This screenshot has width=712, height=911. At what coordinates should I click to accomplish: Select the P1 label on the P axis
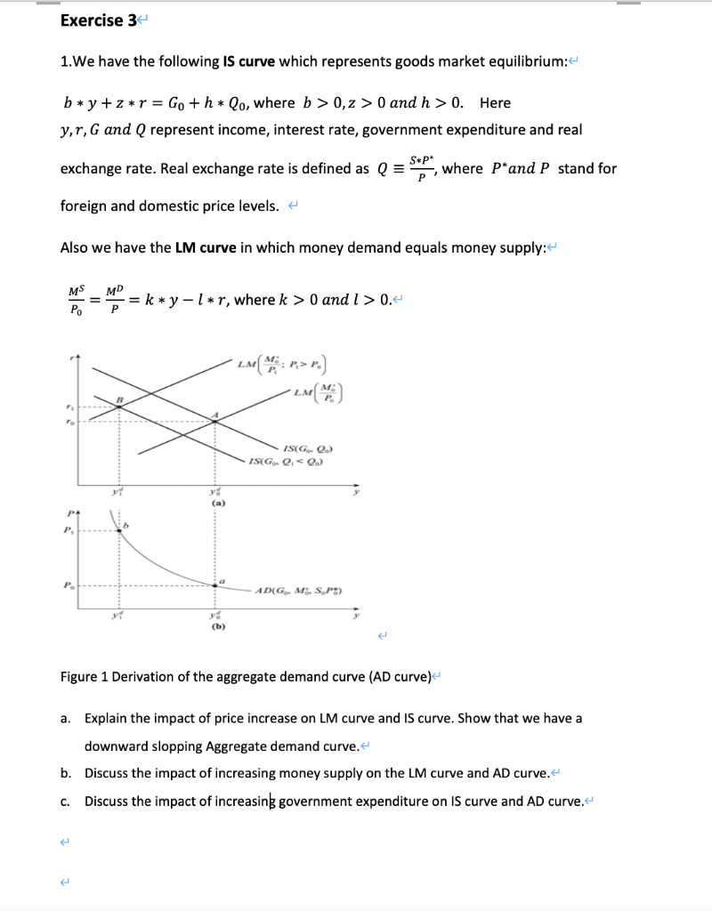click(67, 530)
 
